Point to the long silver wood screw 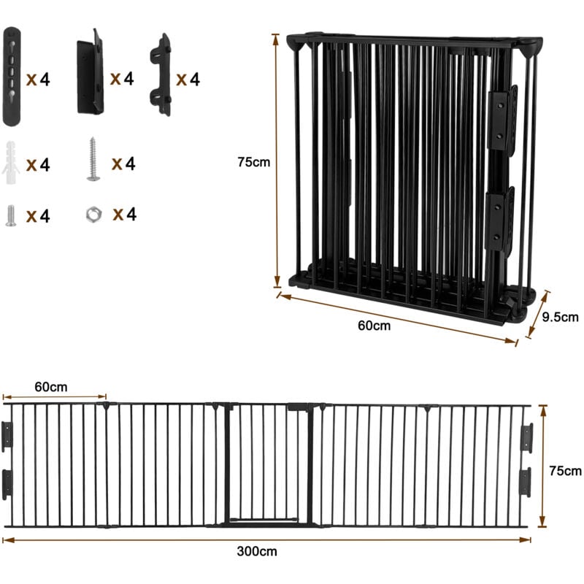click(x=93, y=160)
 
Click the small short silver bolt click(x=11, y=215)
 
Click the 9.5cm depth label click(x=561, y=317)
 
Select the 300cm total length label click(x=262, y=552)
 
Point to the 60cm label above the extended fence click(x=51, y=385)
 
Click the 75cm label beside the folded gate click(x=253, y=162)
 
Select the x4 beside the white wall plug click(x=38, y=165)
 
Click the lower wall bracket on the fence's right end click(x=525, y=482)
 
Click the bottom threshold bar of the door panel click(x=266, y=520)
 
